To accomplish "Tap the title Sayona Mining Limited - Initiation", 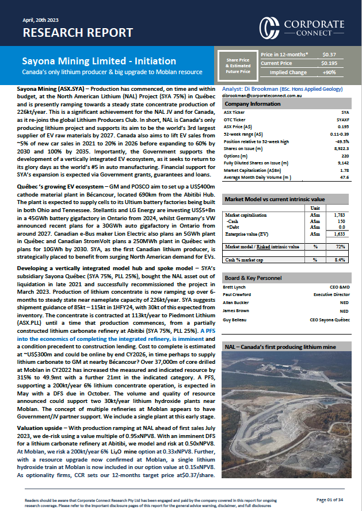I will (x=99, y=61).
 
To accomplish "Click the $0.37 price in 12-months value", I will (x=330, y=54).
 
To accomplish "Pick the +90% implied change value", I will (x=330, y=72).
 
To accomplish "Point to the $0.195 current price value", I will (x=330, y=63).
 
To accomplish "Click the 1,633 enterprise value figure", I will (x=340, y=234).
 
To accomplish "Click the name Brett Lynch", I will (x=234, y=286).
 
